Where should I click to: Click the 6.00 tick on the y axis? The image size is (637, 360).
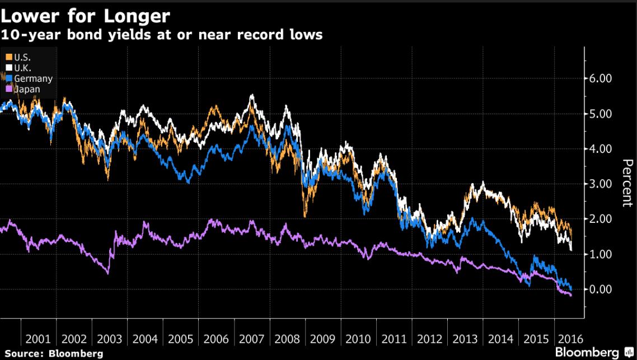[x=602, y=78]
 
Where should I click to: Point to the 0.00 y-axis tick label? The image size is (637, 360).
[x=602, y=289]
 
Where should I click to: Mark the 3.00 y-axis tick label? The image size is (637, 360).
[x=602, y=184]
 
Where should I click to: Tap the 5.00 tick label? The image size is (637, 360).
[x=602, y=114]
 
